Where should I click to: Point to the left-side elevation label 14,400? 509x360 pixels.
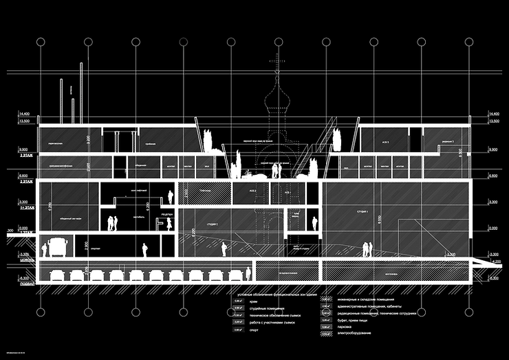[x=25, y=113]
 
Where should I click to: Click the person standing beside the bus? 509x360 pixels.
[x=41, y=249]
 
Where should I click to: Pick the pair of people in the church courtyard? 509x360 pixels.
[x=276, y=170]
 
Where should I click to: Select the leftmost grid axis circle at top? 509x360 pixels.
[x=41, y=42]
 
